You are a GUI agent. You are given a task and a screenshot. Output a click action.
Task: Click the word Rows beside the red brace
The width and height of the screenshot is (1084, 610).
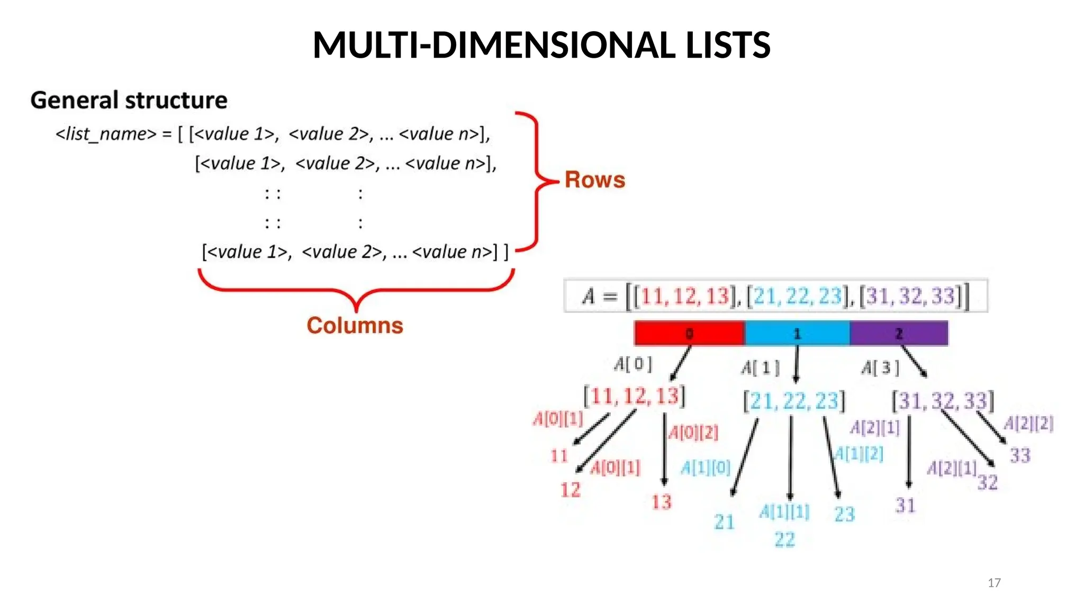tap(594, 180)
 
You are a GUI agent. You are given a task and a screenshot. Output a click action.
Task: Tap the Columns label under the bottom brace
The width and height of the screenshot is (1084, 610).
tap(355, 325)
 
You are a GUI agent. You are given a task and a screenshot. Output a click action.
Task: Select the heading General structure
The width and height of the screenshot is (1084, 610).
tap(129, 100)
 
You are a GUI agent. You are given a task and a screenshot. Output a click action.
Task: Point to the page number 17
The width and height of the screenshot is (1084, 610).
tap(994, 583)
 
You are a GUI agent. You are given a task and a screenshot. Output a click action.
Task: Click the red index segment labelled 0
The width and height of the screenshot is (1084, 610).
tap(689, 334)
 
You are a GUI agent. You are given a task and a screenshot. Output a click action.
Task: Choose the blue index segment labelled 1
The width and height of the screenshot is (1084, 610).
tap(797, 334)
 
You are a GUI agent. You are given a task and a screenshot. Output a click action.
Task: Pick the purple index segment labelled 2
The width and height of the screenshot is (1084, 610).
tap(899, 334)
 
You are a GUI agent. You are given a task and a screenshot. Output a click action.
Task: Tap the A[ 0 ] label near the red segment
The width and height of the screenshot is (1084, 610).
tap(633, 364)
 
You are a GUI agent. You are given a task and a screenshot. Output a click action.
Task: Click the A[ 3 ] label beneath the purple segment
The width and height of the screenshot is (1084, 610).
tap(880, 367)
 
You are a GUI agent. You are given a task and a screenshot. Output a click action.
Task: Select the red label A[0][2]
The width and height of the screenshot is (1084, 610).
tap(693, 433)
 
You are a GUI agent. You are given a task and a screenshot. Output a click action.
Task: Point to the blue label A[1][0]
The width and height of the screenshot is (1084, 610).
tap(705, 468)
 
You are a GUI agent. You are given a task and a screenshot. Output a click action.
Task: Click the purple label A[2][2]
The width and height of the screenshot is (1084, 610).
tap(1028, 424)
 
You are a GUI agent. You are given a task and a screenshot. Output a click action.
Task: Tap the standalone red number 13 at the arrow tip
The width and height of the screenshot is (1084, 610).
tap(662, 502)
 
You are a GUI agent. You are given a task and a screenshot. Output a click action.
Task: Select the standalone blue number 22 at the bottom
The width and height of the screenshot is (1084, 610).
tap(784, 540)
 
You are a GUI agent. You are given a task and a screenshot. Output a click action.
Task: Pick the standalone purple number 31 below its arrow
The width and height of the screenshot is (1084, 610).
tap(905, 506)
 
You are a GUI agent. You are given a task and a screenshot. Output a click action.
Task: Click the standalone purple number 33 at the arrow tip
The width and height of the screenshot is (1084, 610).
tap(1020, 455)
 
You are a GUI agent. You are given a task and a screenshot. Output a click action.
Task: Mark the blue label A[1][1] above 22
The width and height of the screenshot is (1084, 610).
tap(784, 512)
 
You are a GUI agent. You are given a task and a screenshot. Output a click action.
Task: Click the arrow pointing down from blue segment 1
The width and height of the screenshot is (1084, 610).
tap(796, 364)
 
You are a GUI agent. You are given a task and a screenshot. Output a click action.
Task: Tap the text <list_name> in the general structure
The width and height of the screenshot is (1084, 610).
tap(106, 134)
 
